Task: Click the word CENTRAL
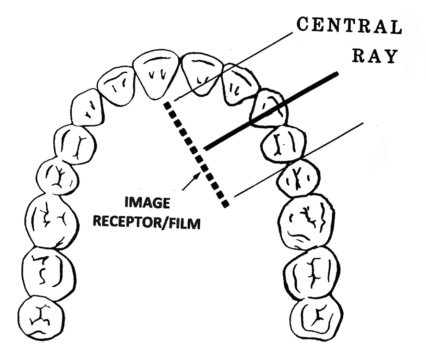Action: pyautogui.click(x=349, y=27)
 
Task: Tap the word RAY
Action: pyautogui.click(x=374, y=56)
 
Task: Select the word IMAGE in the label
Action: pyautogui.click(x=147, y=203)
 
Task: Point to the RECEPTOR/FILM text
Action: pyautogui.click(x=147, y=223)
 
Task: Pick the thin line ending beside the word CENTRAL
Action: pyautogui.click(x=233, y=66)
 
